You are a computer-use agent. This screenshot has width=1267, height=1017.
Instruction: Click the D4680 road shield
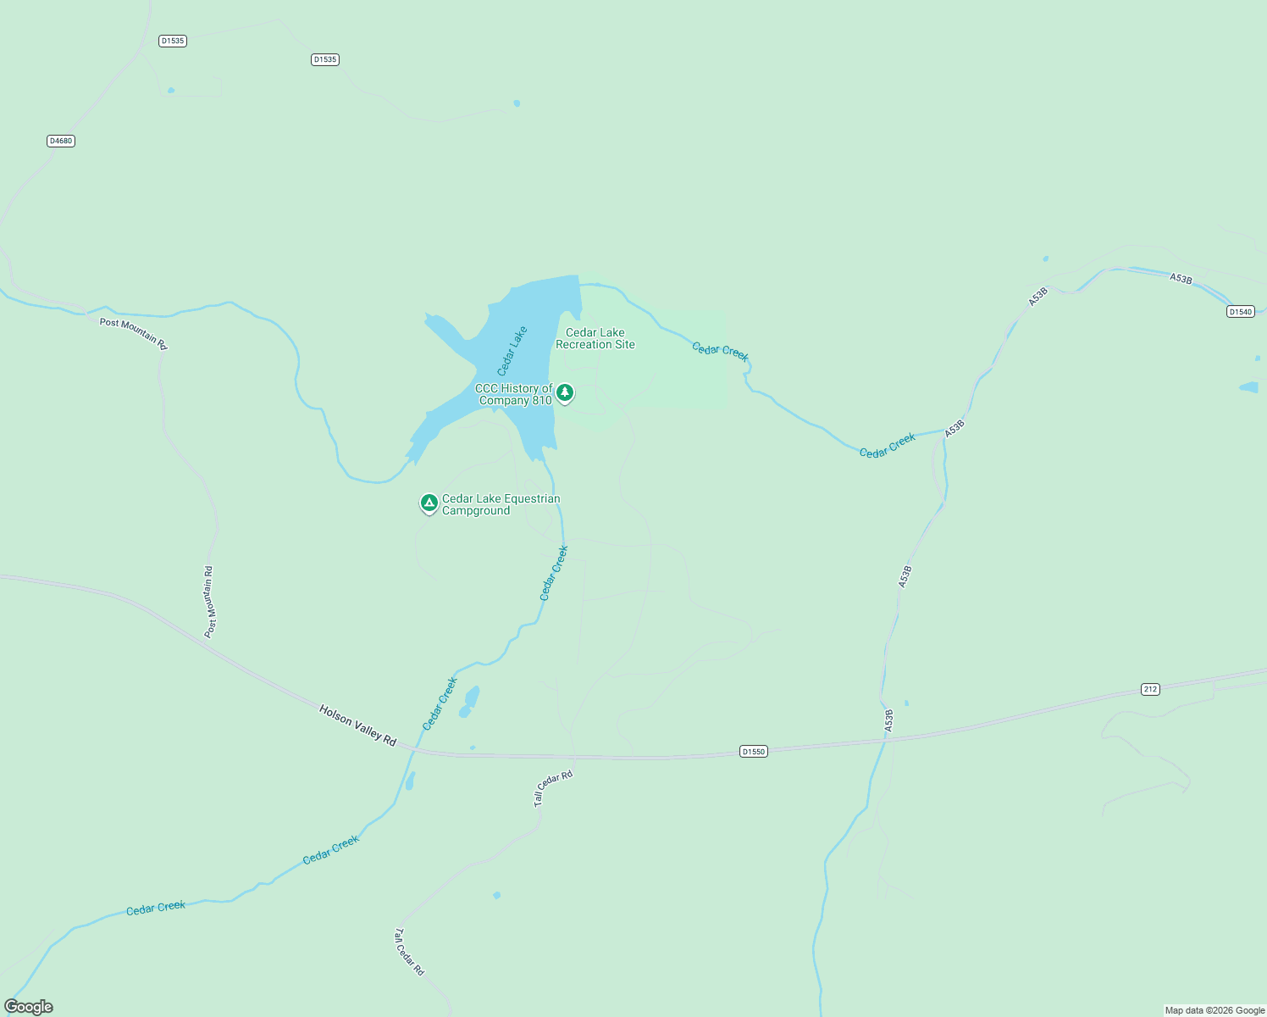pyautogui.click(x=61, y=141)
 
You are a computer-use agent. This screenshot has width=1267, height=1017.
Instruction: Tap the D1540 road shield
pyautogui.click(x=1240, y=312)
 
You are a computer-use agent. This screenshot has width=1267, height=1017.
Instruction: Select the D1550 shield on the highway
pyautogui.click(x=753, y=752)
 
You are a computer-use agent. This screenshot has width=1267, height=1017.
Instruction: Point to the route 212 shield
pyautogui.click(x=1149, y=689)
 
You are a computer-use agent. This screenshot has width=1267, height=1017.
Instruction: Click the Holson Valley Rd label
pyautogui.click(x=357, y=725)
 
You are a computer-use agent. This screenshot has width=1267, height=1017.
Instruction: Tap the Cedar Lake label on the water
pyautogui.click(x=512, y=351)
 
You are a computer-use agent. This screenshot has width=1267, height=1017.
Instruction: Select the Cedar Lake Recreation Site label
pyautogui.click(x=595, y=338)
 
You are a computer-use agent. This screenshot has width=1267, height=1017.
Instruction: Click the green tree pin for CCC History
pyautogui.click(x=565, y=393)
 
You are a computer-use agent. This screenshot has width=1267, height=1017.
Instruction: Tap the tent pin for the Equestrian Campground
pyautogui.click(x=429, y=503)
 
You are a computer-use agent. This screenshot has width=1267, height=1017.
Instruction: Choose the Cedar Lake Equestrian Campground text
pyautogui.click(x=501, y=504)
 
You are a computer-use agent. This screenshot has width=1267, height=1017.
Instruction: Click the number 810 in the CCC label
pyautogui.click(x=542, y=401)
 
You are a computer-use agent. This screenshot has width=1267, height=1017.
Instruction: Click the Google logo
pyautogui.click(x=29, y=1007)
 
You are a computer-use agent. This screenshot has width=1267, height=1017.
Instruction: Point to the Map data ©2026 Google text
pyautogui.click(x=1214, y=1010)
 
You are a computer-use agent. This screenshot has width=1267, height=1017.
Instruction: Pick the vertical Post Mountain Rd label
pyautogui.click(x=210, y=602)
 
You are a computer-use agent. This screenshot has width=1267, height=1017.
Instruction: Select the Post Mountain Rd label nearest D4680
pyautogui.click(x=134, y=334)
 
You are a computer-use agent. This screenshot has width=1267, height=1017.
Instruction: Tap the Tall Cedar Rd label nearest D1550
pyautogui.click(x=553, y=788)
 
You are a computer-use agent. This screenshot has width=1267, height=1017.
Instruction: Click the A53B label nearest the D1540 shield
pyautogui.click(x=1181, y=279)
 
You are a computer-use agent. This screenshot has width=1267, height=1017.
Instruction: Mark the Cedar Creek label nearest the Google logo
pyautogui.click(x=156, y=909)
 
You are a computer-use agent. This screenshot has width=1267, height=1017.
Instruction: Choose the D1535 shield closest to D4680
pyautogui.click(x=172, y=41)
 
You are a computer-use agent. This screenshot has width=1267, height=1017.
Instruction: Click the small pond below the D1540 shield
pyautogui.click(x=1248, y=388)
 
